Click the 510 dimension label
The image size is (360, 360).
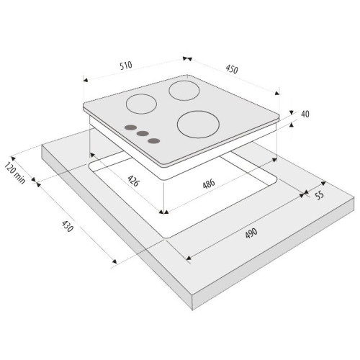pos(126,66)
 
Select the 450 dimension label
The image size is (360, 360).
pos(232,69)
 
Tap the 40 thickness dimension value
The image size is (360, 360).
pos(305,114)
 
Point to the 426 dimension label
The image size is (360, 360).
pos(133,181)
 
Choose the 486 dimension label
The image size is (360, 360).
pos(209,184)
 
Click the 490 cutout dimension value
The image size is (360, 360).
pos(251,233)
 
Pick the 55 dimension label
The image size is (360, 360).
pos(320,195)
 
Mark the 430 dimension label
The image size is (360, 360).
pos(68,226)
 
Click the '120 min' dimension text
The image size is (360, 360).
pos(15,174)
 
